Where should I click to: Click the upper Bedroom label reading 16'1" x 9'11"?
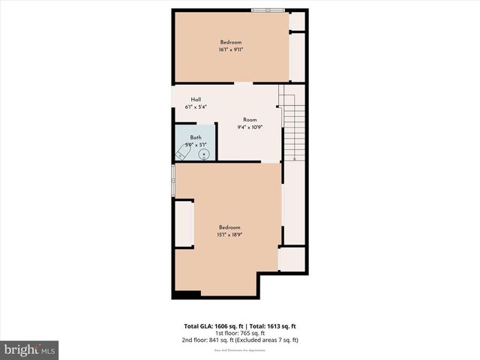pos(232,46)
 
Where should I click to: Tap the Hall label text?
pos(196,103)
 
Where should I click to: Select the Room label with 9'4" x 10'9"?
pos(250,124)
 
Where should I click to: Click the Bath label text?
pos(196,140)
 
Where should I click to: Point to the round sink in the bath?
pos(204,153)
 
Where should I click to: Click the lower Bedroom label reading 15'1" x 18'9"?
pos(229,231)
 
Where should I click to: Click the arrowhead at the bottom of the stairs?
pos(295,159)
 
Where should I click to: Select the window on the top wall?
pos(268,10)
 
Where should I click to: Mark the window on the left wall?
pos(173,181)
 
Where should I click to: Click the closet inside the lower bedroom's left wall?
pos(184,223)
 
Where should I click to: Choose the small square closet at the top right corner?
pos(298,21)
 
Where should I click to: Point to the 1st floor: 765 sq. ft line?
pos(239,333)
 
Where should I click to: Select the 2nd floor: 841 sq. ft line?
pos(239,340)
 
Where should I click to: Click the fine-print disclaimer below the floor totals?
pos(239,347)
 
